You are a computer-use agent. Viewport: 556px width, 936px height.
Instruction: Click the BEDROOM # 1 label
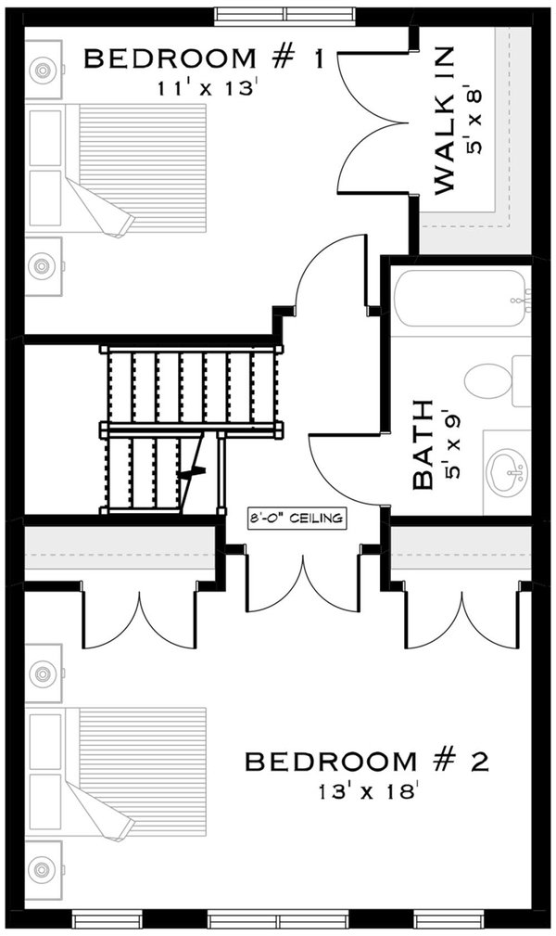(x=203, y=60)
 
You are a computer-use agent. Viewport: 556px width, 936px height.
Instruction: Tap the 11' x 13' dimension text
(x=203, y=90)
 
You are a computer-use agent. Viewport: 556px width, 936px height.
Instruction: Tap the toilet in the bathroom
(x=490, y=379)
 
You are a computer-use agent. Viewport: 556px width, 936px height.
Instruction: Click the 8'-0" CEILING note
(x=296, y=519)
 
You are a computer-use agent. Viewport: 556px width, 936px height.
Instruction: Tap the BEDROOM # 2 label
(x=366, y=763)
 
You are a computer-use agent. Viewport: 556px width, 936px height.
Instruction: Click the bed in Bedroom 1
(x=130, y=167)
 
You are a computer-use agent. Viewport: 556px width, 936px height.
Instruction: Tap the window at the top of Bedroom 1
(x=286, y=16)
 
